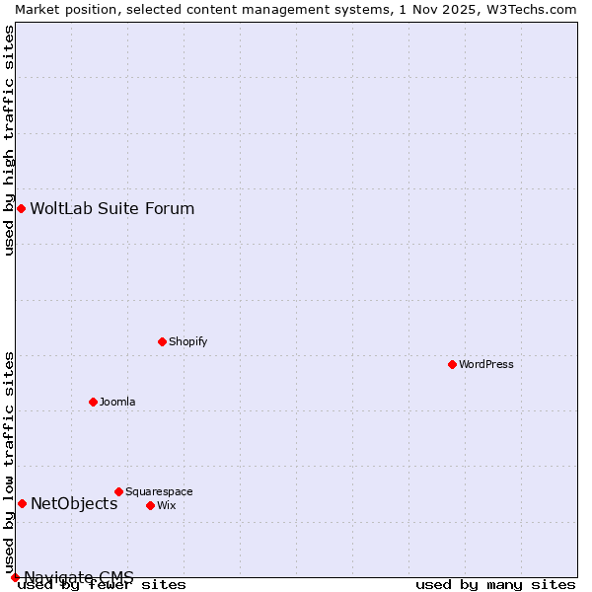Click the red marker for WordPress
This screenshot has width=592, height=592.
(452, 364)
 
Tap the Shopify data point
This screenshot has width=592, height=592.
(162, 341)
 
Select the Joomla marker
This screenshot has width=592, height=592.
(93, 402)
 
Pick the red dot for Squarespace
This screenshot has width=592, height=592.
(118, 491)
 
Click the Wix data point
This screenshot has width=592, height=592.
(150, 505)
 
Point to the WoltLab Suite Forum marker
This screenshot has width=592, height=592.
(21, 208)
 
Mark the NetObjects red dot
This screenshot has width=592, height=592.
(22, 503)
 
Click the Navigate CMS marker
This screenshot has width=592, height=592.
(15, 577)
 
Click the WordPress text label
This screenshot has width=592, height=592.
(486, 364)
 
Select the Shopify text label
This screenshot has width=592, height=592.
(187, 341)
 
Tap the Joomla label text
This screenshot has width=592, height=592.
(117, 402)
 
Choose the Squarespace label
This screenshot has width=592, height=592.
(159, 491)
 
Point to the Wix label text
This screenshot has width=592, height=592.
(167, 505)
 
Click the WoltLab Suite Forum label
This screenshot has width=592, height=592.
(112, 208)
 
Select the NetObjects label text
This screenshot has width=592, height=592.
(74, 503)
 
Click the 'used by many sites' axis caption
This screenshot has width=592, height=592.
(495, 585)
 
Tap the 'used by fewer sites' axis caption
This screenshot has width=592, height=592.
(103, 585)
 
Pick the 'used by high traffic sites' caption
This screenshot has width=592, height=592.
(9, 140)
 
